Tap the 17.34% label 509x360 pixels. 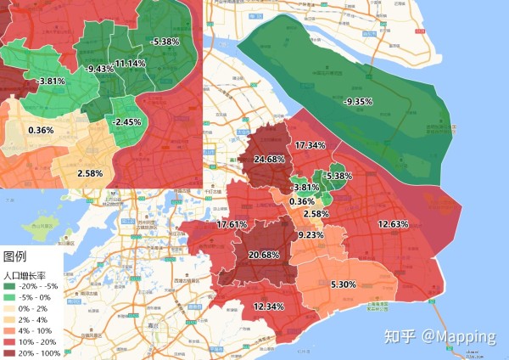[x=310, y=146]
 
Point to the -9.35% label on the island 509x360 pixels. [x=358, y=102]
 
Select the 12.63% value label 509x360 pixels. [x=393, y=224]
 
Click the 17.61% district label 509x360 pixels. [x=232, y=225]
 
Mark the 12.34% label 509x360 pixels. [x=269, y=306]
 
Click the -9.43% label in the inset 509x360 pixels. [x=100, y=69]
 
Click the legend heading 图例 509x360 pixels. [x=15, y=256]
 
